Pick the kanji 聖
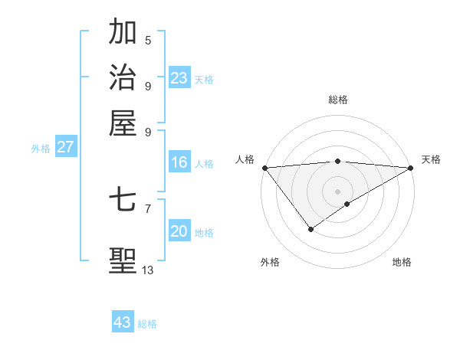tap(123, 260)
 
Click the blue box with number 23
tap(179, 78)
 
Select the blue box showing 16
tap(179, 162)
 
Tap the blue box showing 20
tap(179, 231)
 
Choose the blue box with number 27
tap(65, 147)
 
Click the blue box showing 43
tap(123, 322)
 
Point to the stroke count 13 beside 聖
tap(148, 270)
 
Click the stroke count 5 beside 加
tap(148, 41)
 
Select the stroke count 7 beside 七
tap(148, 208)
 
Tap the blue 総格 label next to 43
tap(147, 324)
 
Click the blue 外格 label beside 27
tap(41, 149)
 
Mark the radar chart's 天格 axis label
tap(431, 159)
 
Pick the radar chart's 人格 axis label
tap(245, 159)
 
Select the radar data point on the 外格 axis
tap(310, 229)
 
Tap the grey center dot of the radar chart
tap(337, 191)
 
